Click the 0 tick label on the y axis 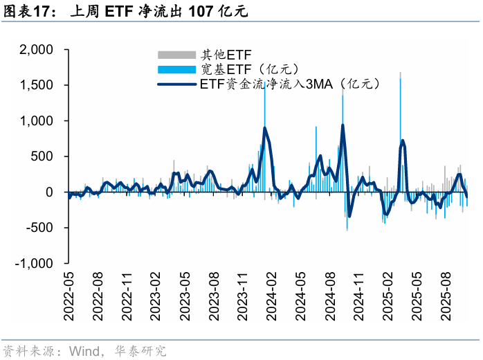coord(49,192)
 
